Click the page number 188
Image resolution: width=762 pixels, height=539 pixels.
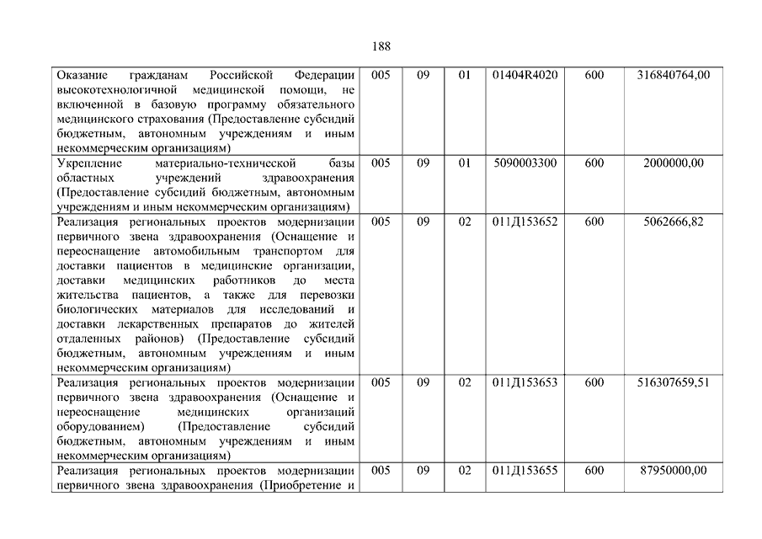coord(381,46)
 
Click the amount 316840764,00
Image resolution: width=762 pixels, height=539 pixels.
coord(674,75)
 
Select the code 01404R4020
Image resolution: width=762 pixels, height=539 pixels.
coord(525,75)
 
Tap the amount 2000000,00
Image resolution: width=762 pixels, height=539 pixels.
coord(674,163)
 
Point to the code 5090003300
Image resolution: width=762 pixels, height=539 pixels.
coord(525,163)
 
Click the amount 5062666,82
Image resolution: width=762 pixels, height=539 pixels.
coord(674,222)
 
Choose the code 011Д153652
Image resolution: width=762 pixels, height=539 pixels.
coord(525,222)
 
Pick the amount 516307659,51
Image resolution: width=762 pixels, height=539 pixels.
coord(674,382)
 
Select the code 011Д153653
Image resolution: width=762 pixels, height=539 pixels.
coord(525,382)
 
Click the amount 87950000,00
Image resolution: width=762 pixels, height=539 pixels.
coord(674,471)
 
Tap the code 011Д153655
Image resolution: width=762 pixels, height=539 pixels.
coord(525,471)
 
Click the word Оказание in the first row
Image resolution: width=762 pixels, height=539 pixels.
coord(83,75)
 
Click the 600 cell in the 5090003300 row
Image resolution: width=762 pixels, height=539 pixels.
coord(594,163)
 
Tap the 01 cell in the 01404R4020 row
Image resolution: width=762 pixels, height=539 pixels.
coord(465,75)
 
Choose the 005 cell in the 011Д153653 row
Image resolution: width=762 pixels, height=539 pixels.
coord(381,382)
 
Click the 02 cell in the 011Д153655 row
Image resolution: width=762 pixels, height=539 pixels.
coord(465,471)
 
